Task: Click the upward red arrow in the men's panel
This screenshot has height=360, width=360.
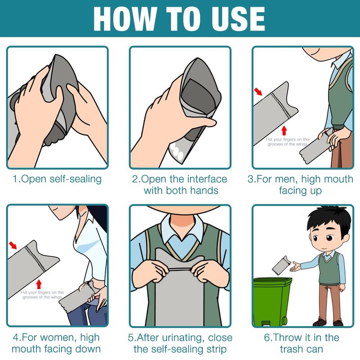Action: [x=284, y=130]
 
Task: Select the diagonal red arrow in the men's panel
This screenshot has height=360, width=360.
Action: [x=258, y=91]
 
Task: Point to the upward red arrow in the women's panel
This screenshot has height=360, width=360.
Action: [x=39, y=284]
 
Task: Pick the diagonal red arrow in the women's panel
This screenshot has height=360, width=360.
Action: [x=13, y=245]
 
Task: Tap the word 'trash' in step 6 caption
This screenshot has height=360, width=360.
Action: [x=291, y=349]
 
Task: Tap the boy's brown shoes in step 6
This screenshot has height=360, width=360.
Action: [x=328, y=323]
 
